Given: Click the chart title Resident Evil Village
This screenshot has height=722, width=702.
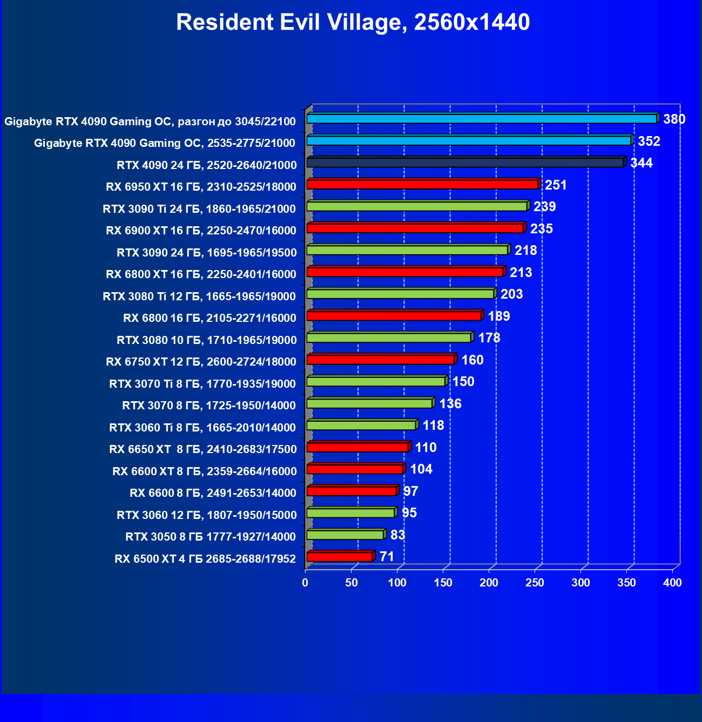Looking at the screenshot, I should coord(353,23).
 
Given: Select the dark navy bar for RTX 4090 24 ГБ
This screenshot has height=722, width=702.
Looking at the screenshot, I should coord(465,163).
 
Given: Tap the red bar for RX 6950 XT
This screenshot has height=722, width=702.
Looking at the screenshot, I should coord(422,185).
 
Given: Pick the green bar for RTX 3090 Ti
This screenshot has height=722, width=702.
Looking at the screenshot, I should coord(417,206).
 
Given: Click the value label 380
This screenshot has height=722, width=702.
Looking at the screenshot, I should coord(674,119).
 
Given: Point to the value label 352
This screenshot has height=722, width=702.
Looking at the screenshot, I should coord(649,141).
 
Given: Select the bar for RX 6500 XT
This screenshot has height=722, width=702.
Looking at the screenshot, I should coord(340,557).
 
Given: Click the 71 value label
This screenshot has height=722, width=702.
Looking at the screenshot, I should coord(387,557).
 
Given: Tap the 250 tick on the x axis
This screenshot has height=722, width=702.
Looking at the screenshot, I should coord(535,583).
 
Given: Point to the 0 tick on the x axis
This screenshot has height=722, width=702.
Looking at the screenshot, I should coord(306,583).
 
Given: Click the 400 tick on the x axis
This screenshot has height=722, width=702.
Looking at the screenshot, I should coord(672,583).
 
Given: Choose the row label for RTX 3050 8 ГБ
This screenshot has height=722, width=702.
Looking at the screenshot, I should coord(211,537).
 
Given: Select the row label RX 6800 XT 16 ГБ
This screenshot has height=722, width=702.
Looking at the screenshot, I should coord(201,274).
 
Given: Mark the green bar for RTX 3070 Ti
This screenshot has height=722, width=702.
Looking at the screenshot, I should coord(376,382).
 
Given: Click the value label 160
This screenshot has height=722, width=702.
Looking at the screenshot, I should coord(472,360).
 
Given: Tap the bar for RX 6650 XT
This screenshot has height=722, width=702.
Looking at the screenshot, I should coord(357,447).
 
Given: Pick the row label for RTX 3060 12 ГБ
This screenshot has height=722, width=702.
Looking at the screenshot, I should coord(206,515).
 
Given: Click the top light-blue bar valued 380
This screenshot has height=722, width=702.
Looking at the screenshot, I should coord(482,119).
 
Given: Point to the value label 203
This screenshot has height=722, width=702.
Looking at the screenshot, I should coord(511,294).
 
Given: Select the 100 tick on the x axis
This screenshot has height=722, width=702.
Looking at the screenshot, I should coord(397,583).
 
